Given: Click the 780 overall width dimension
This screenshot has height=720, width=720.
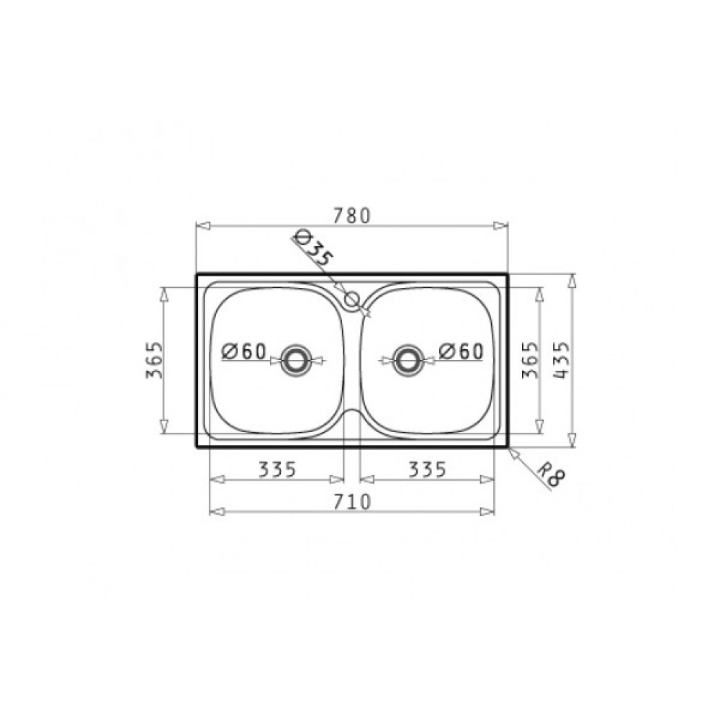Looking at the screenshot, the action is coord(351,215).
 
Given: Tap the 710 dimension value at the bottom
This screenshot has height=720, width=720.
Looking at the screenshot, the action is coord(352,502).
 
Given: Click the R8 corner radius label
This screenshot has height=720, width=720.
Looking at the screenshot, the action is coord(551,474).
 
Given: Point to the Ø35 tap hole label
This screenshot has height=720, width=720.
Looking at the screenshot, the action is coord(312,248).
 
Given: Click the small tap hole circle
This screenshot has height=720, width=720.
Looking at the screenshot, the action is coord(352,300).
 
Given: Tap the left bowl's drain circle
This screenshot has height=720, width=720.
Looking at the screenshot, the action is coord(297,361).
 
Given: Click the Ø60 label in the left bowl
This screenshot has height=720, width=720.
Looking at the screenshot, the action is coord(244,352).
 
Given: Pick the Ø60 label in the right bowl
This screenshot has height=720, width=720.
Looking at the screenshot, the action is coord(461,352).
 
